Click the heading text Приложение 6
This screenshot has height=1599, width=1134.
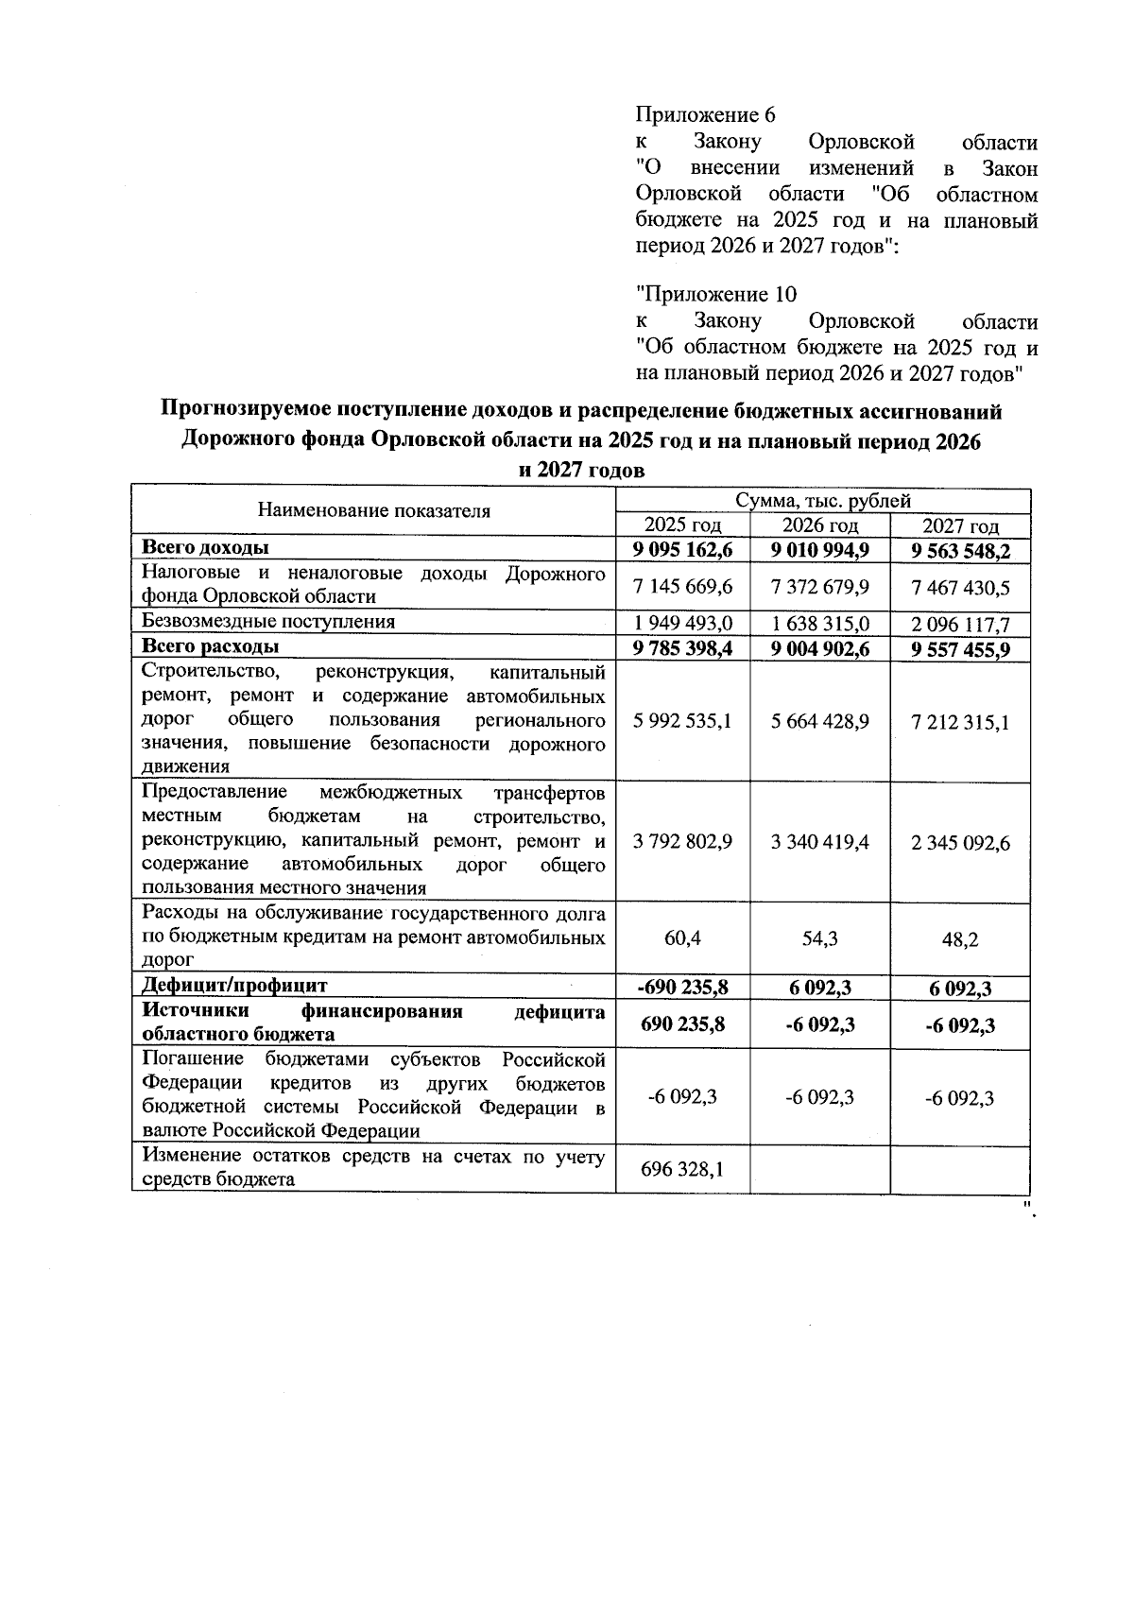coord(705,115)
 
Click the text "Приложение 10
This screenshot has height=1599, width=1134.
coord(716,294)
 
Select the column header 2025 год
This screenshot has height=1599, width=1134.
coord(682,525)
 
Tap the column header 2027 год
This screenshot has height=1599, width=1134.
coord(960,526)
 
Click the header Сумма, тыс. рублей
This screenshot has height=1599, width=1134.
coord(822,501)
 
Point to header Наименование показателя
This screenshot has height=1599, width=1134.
coord(374,511)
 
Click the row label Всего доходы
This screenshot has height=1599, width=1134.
coord(205,547)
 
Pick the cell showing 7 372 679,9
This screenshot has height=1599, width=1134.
coord(819,588)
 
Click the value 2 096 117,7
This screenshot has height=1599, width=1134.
coord(960,625)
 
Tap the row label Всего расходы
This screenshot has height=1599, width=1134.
coord(210,646)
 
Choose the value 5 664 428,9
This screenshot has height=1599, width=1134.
coord(819,721)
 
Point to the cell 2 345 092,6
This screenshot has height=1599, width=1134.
coord(960,843)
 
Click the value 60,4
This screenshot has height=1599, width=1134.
coord(682,938)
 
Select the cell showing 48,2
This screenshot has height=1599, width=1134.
coord(960,940)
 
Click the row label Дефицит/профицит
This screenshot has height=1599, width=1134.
coord(234,985)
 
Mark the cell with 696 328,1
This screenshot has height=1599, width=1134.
coord(682,1170)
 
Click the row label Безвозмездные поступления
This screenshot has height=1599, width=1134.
coord(268,621)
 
